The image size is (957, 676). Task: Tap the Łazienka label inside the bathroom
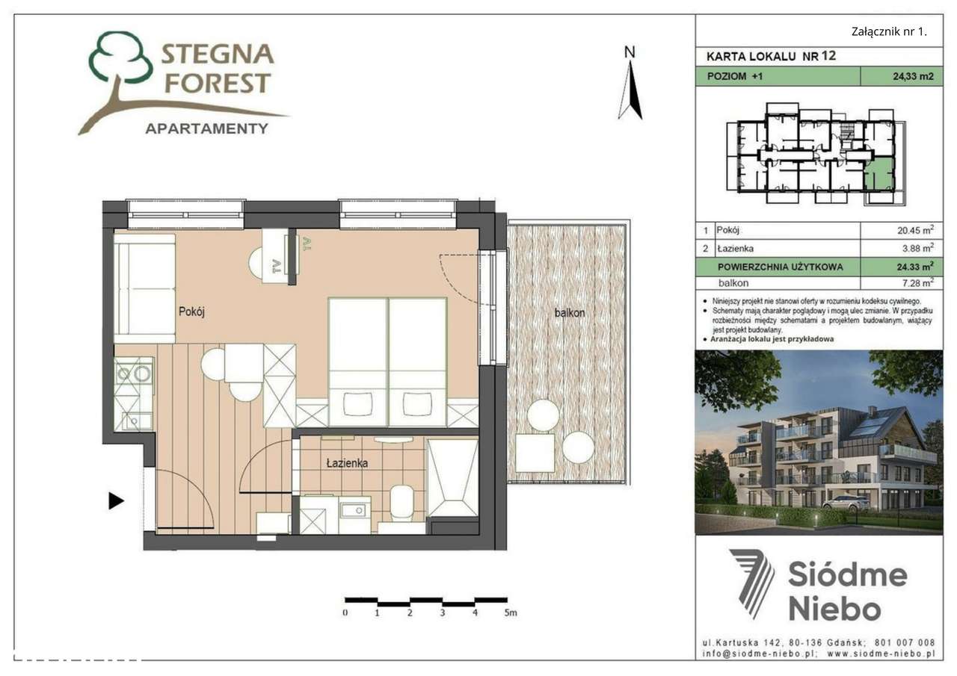[x=347, y=463]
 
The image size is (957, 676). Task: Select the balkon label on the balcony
[x=569, y=313]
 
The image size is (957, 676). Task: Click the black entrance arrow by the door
[x=116, y=500]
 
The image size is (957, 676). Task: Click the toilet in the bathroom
[x=402, y=501]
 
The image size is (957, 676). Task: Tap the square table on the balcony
[x=535, y=453]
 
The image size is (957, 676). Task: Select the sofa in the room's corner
[x=144, y=288]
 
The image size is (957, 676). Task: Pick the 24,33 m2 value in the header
[x=912, y=76]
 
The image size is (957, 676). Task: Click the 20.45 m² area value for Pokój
[x=917, y=231]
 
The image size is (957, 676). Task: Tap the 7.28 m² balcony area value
[x=917, y=283]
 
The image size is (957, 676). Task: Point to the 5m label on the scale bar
[x=511, y=613]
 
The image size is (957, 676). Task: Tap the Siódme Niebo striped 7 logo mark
[x=752, y=583]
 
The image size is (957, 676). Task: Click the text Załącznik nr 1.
[x=889, y=31]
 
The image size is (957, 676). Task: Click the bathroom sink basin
[x=351, y=511]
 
